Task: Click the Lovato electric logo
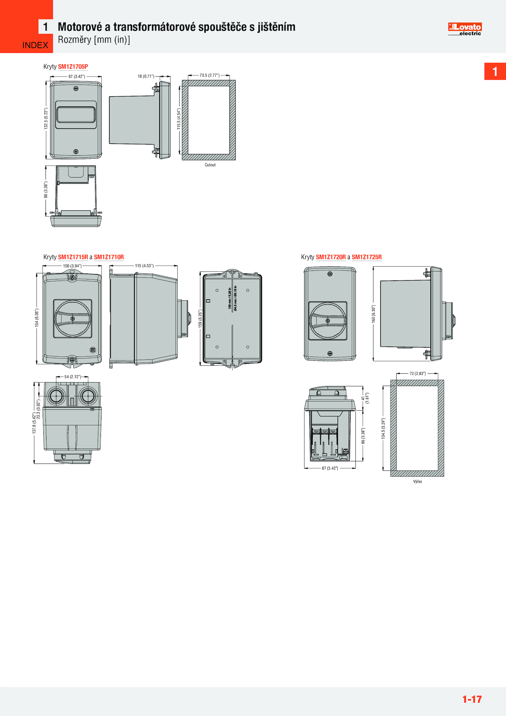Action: point(465,29)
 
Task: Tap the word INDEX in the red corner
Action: point(35,45)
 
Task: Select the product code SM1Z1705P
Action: point(73,67)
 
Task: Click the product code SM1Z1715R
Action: point(73,257)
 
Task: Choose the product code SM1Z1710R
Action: point(109,257)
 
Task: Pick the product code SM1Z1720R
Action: point(331,257)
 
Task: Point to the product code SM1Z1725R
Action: point(367,257)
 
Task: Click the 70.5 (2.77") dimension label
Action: point(209,75)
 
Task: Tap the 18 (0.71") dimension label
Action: point(146,76)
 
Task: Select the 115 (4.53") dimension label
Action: point(144,266)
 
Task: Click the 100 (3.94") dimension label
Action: point(72,266)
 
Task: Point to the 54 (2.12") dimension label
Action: point(73,377)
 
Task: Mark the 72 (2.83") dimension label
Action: point(417,374)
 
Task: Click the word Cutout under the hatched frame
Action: point(210,165)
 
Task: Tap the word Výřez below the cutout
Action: point(417,482)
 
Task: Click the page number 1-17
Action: point(472,699)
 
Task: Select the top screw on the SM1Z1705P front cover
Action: point(76,89)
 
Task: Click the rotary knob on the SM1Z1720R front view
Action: point(328,321)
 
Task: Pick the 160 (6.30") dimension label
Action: point(373,314)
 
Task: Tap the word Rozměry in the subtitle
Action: point(75,40)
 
